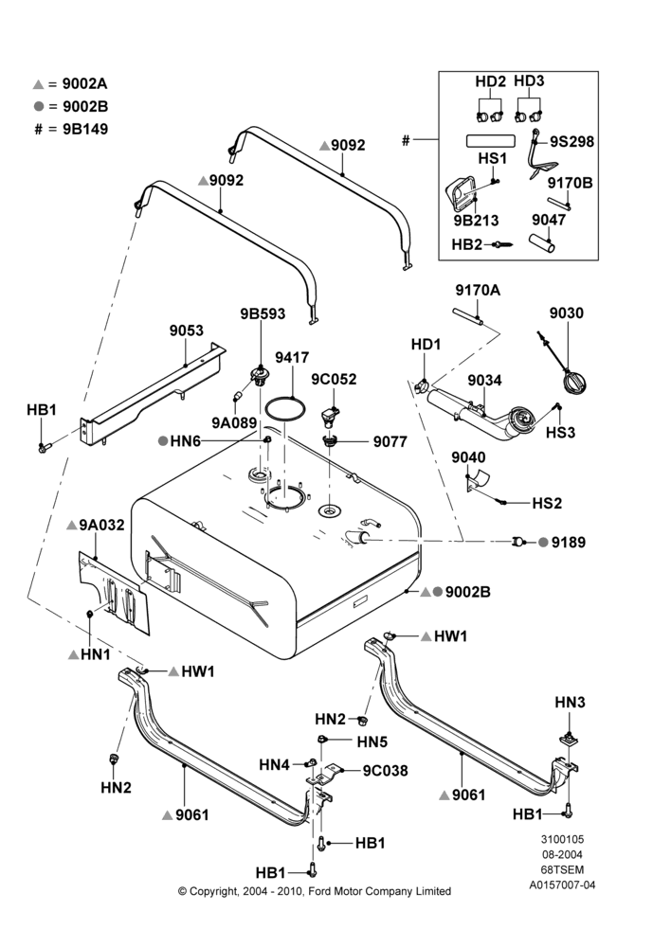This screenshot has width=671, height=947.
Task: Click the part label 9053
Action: [x=186, y=331]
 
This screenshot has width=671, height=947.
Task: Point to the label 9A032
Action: [x=101, y=525]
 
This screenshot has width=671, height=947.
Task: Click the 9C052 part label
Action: [x=334, y=380]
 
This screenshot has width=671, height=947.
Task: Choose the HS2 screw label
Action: [x=547, y=503]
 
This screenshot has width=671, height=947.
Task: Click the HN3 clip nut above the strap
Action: [x=570, y=738]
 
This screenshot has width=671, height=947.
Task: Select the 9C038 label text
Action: [x=385, y=771]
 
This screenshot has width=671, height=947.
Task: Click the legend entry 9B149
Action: [x=85, y=129]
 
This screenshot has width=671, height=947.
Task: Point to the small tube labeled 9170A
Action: [x=468, y=316]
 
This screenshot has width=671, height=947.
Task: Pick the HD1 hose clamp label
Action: [x=426, y=345]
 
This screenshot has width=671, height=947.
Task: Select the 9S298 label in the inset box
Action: [x=571, y=141]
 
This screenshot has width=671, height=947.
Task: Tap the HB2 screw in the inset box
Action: [x=504, y=244]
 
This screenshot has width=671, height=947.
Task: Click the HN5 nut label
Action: [x=372, y=742]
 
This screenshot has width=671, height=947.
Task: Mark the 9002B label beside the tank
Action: [x=468, y=592]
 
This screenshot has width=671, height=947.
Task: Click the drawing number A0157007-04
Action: [x=562, y=885]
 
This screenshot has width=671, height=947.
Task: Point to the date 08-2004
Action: [x=562, y=854]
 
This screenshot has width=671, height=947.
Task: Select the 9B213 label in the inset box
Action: [x=477, y=221]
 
